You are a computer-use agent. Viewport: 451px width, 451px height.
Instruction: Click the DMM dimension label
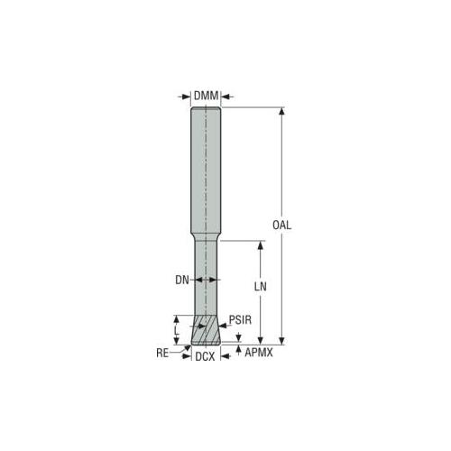pos(206,97)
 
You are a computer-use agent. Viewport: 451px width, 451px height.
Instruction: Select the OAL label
pos(281,225)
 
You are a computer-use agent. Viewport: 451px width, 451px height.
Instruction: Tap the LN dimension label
pos(261,287)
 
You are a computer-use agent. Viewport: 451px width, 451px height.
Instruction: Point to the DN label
pos(182,281)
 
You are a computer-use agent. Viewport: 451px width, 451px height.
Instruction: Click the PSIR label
pos(240,319)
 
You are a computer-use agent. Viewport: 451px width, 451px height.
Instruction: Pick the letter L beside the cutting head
pos(177,331)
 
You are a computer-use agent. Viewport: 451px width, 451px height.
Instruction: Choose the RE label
pos(162,353)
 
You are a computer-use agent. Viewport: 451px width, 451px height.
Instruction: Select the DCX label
pos(206,356)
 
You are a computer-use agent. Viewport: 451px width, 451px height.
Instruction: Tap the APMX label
pos(259,353)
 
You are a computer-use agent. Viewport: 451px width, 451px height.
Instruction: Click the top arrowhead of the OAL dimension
pos(281,111)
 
